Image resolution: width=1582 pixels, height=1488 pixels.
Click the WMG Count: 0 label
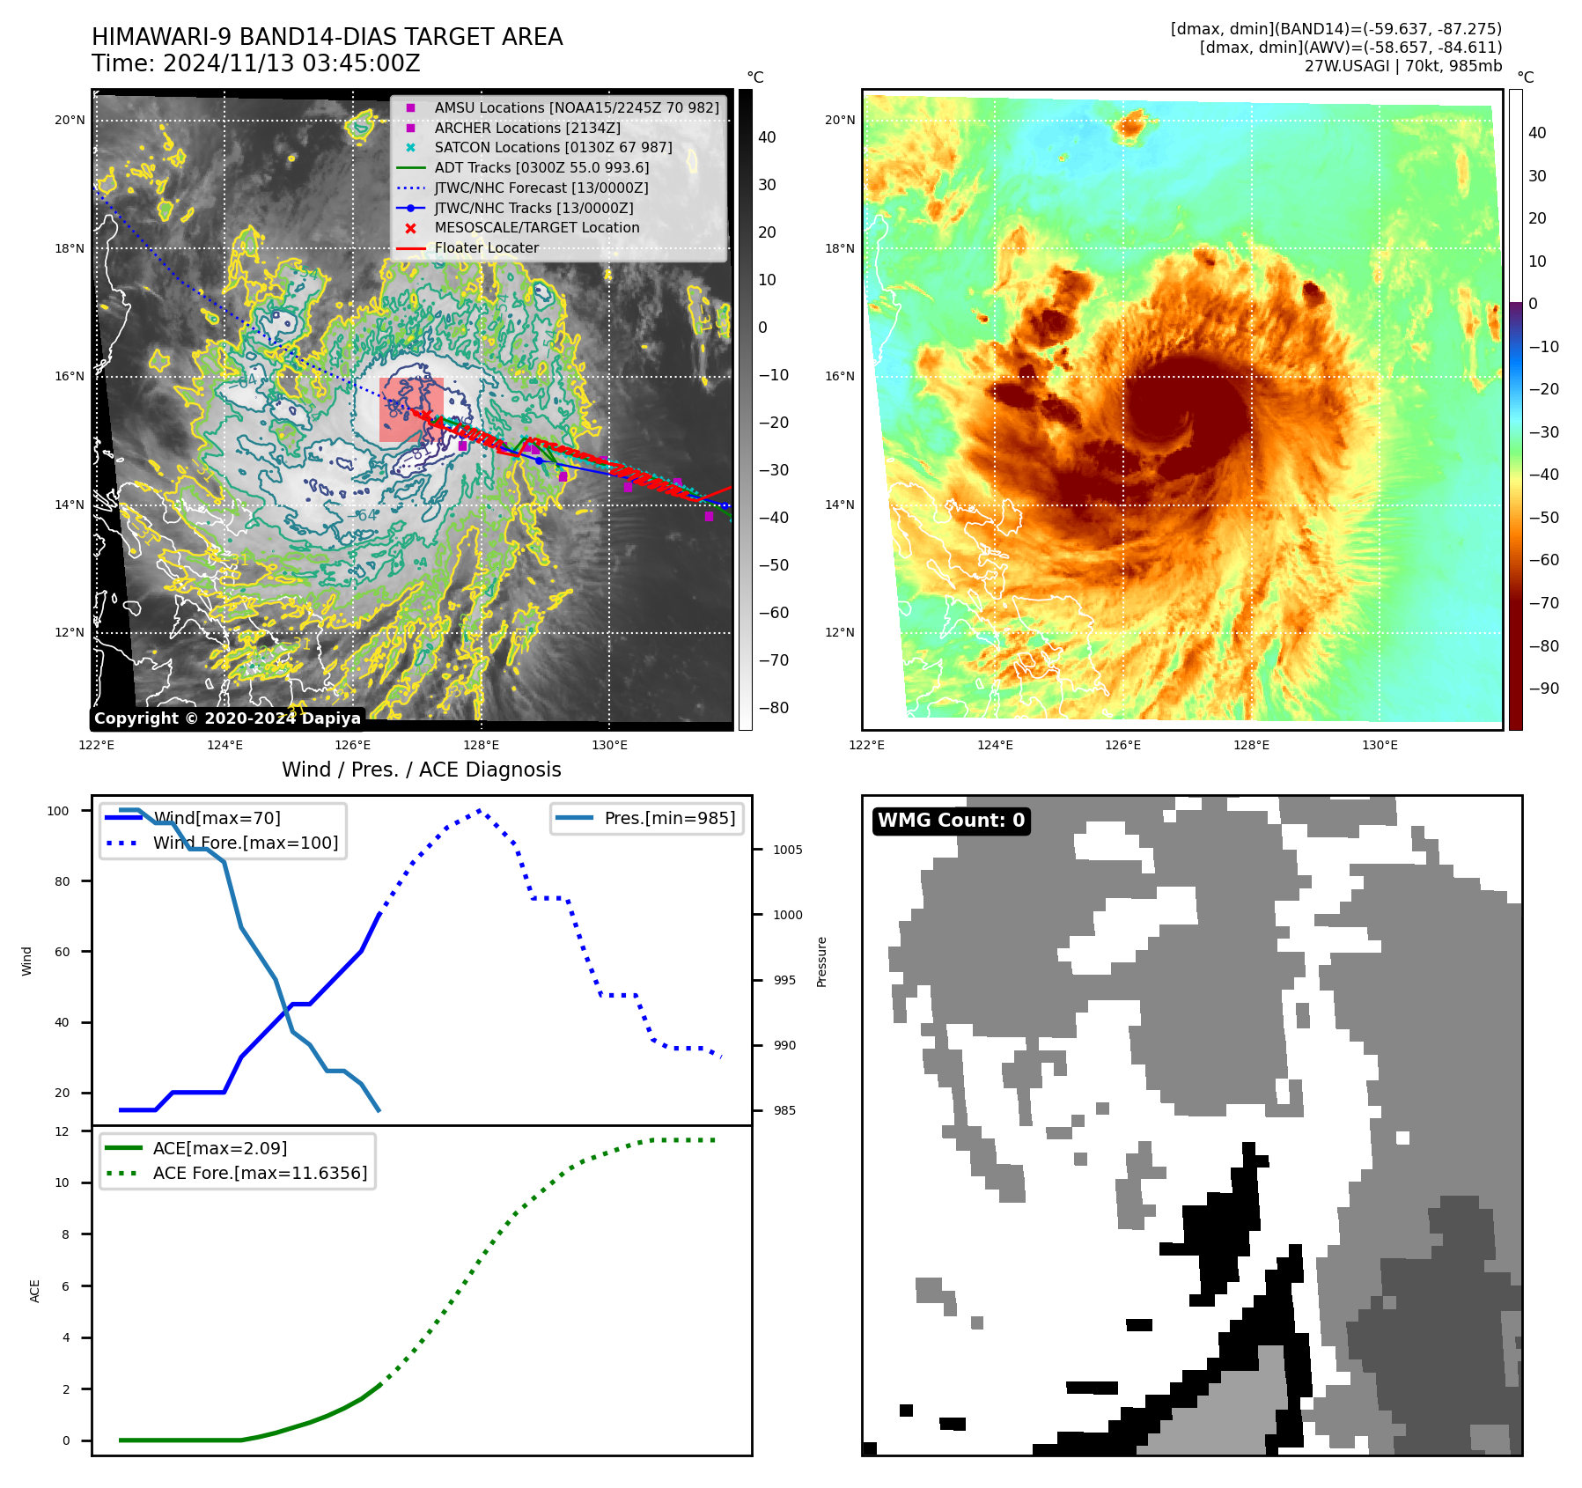(951, 821)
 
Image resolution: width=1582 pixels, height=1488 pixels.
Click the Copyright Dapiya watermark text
(227, 718)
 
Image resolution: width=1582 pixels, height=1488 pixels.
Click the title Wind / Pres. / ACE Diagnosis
(421, 770)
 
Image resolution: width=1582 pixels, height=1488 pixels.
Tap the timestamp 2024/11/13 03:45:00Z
(291, 63)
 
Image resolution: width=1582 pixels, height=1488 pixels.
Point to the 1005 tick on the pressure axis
(787, 850)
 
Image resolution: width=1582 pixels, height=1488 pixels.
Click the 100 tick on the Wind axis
(58, 811)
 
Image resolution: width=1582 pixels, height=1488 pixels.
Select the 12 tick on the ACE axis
(62, 1131)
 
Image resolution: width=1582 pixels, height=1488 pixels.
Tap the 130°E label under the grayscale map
(609, 746)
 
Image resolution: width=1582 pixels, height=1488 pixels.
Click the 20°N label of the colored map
(839, 121)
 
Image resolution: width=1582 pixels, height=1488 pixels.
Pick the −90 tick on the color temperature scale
(1543, 689)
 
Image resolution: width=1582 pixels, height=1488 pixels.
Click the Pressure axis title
(821, 961)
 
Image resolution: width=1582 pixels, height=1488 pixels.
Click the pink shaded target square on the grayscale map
(411, 409)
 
